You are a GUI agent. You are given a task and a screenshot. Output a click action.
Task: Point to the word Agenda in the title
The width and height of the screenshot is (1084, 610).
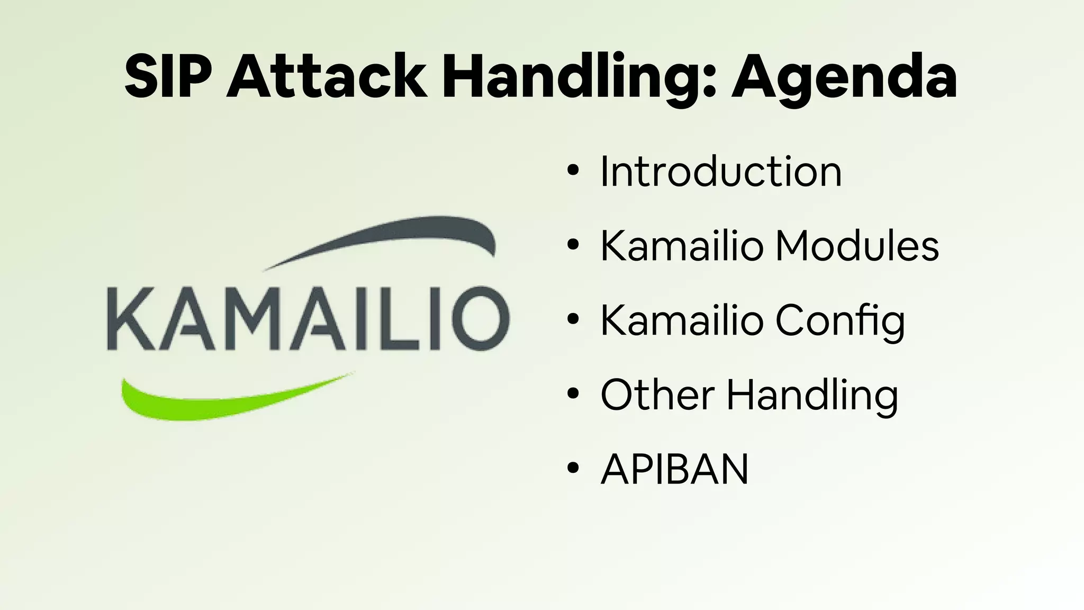[x=844, y=77]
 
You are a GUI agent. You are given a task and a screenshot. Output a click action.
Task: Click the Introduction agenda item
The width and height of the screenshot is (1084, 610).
[x=720, y=172]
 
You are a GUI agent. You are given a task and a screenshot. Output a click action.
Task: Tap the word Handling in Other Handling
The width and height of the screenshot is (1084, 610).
[x=812, y=396]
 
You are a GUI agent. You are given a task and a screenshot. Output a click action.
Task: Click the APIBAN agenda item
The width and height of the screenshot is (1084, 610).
[x=674, y=469]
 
